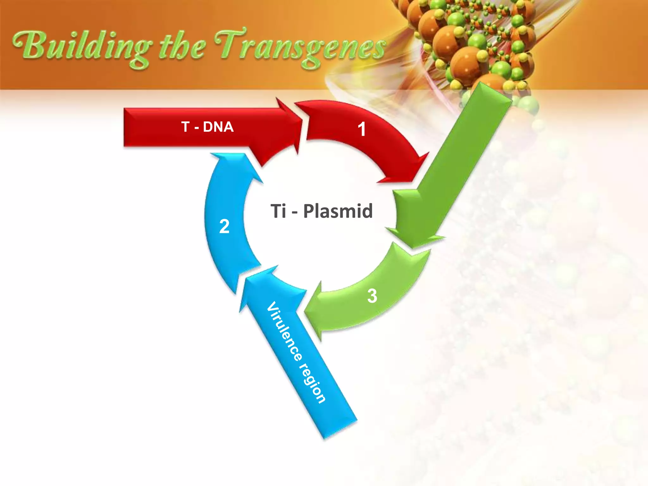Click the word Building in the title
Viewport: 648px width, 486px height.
81,47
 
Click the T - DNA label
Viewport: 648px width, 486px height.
208,127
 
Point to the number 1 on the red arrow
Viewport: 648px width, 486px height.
362,129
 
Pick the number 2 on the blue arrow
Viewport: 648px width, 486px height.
224,227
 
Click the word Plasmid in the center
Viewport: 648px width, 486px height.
338,211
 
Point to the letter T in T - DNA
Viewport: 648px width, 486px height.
185,127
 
